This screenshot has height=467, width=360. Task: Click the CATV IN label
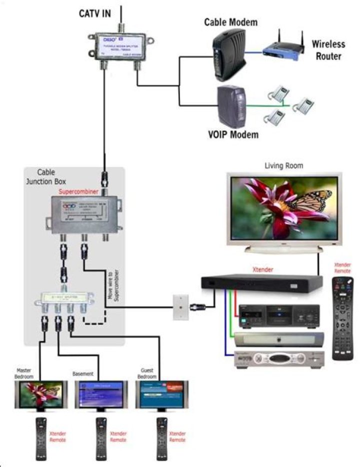tap(94, 13)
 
